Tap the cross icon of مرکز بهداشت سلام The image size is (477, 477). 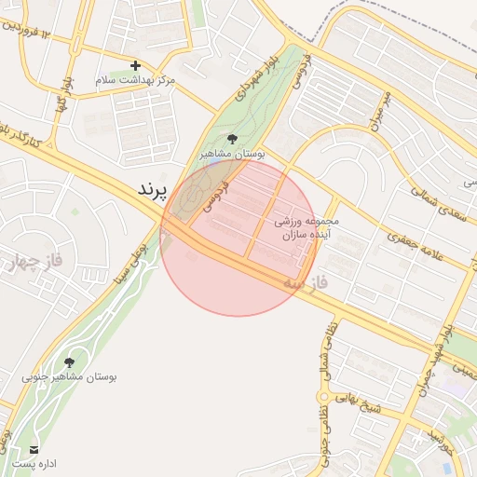[136, 65]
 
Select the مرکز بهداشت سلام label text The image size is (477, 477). [136, 81]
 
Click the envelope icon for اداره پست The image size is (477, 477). [34, 449]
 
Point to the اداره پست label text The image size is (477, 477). [34, 463]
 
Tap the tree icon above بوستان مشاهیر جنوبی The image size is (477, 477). [69, 362]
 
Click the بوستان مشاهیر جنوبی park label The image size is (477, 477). [69, 377]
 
